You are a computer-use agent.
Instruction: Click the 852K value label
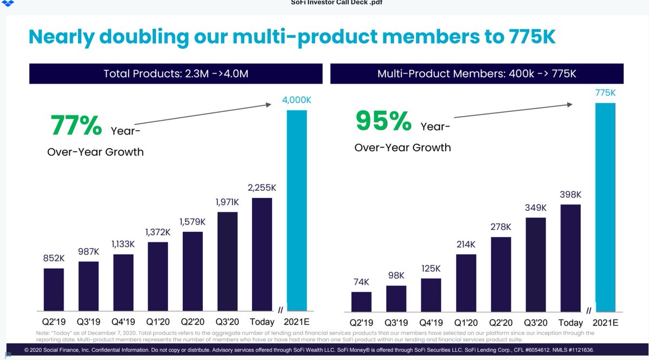coord(54,258)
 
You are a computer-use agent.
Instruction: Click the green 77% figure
coord(76,125)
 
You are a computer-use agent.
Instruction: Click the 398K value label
coord(571,194)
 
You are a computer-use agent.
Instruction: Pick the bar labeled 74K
coord(361,302)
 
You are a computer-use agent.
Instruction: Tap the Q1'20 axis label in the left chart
coord(157,321)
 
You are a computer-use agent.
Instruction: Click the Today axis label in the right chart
coord(571,323)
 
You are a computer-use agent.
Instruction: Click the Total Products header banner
coord(176,74)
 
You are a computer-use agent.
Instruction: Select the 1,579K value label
coord(192,222)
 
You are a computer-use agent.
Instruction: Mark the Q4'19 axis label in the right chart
coord(431,323)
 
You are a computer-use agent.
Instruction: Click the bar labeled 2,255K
coord(262,255)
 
